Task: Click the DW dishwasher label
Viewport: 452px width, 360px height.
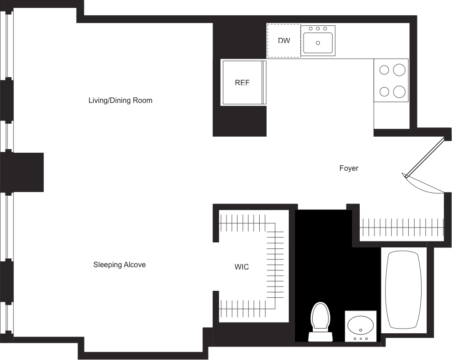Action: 284,41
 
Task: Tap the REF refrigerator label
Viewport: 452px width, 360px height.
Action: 242,83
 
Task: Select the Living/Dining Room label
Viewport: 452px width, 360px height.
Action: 120,100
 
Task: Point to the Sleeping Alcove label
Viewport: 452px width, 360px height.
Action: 120,265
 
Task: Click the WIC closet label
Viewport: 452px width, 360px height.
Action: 242,267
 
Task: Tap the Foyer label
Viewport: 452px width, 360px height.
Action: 349,168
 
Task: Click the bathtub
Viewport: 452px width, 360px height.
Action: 403,290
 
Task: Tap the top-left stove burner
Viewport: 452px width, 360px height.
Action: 384,70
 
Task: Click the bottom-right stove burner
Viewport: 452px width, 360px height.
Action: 399,91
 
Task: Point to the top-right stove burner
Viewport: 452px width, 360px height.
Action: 399,70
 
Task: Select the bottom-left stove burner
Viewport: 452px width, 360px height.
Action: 384,91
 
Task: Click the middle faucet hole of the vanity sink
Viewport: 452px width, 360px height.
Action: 360,339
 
